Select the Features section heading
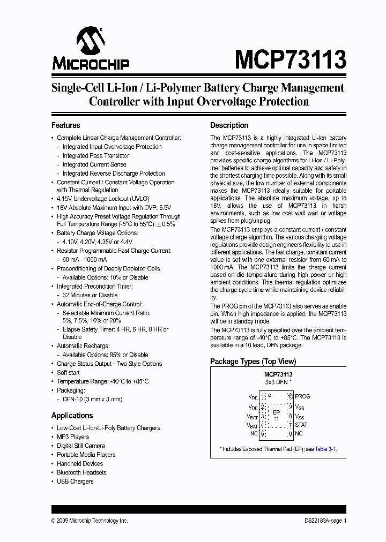pos(65,125)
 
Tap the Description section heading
pos(229,125)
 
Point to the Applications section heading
pos(72,416)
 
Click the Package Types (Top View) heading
pos(253,362)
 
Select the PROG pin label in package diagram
pos(302,397)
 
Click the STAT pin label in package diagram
pos(301,425)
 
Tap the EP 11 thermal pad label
pos(276,416)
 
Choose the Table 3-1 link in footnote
pos(325,449)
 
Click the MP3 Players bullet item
pos(73,437)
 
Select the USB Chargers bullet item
pos(75,481)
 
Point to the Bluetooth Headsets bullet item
pos(81,472)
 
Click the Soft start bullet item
pos(68,372)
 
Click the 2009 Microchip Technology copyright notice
pos(90,521)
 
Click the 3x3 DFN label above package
pos(278,383)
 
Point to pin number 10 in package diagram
pos(290,397)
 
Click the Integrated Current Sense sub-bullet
pos(94,164)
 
